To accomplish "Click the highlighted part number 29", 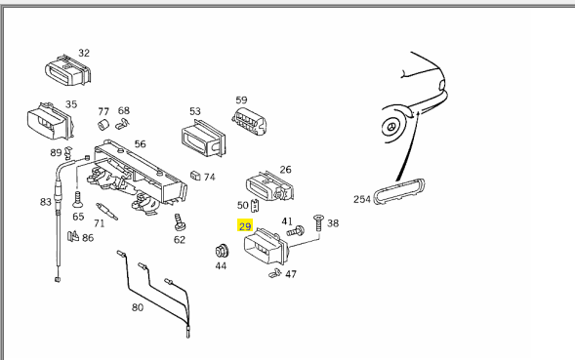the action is [245, 226].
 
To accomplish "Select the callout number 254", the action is [361, 199].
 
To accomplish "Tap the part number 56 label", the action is [140, 143].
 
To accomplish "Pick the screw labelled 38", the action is [318, 222].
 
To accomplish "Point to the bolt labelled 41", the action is [295, 231].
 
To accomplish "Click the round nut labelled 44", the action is [222, 251].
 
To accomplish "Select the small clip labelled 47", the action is [274, 273].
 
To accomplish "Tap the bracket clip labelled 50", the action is [255, 206].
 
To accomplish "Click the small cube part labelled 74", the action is [195, 176].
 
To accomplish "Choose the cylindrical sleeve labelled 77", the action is [103, 125].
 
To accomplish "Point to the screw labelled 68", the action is [122, 124].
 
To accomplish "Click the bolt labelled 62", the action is [179, 222].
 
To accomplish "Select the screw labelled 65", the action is [77, 199].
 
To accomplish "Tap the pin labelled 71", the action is [106, 212].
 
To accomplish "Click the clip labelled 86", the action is [73, 236].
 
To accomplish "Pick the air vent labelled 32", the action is [67, 69].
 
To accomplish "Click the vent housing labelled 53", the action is [203, 138].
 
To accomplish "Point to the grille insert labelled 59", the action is [249, 120].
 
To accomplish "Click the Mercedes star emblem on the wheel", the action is [390, 127].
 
